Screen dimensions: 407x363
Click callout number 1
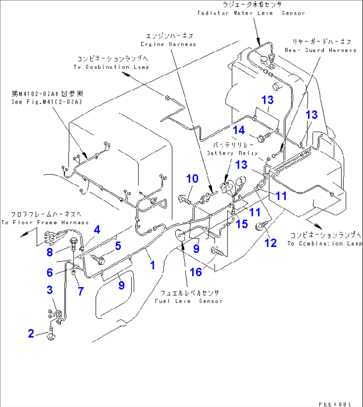pos(152,265)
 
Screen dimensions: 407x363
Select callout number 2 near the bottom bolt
pos(31,333)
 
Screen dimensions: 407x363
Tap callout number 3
pos(50,290)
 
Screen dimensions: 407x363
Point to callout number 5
pos(118,246)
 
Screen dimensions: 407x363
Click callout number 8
pos(50,252)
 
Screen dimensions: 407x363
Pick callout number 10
pos(192,179)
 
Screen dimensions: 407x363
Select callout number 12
pos(270,243)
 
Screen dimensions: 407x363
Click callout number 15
pos(242,224)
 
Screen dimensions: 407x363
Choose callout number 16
pos(196,272)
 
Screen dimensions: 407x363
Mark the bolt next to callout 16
pos(217,251)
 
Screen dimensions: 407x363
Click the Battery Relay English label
pos(232,153)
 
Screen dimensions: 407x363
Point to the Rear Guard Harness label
pos(320,50)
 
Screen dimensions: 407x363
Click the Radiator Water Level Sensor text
pos(251,13)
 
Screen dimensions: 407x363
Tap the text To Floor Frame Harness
pos(45,222)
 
